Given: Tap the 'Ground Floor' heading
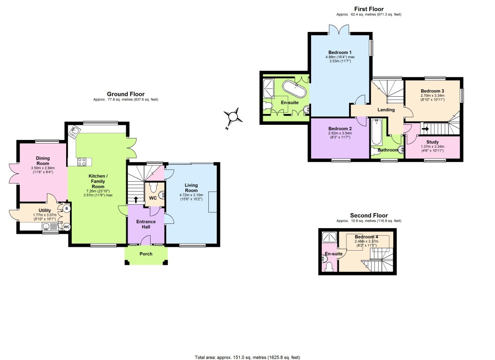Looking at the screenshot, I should point(126,94).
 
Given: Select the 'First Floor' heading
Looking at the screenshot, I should point(368,9).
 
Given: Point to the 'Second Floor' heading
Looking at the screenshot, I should point(368,215).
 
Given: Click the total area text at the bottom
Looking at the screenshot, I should point(247,357).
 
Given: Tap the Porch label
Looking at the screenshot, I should point(146,254).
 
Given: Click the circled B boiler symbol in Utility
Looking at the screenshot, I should point(66,208).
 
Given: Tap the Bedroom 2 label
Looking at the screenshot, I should point(340,129).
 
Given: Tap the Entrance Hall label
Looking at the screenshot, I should point(146,224).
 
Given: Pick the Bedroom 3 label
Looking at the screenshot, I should point(432,91).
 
